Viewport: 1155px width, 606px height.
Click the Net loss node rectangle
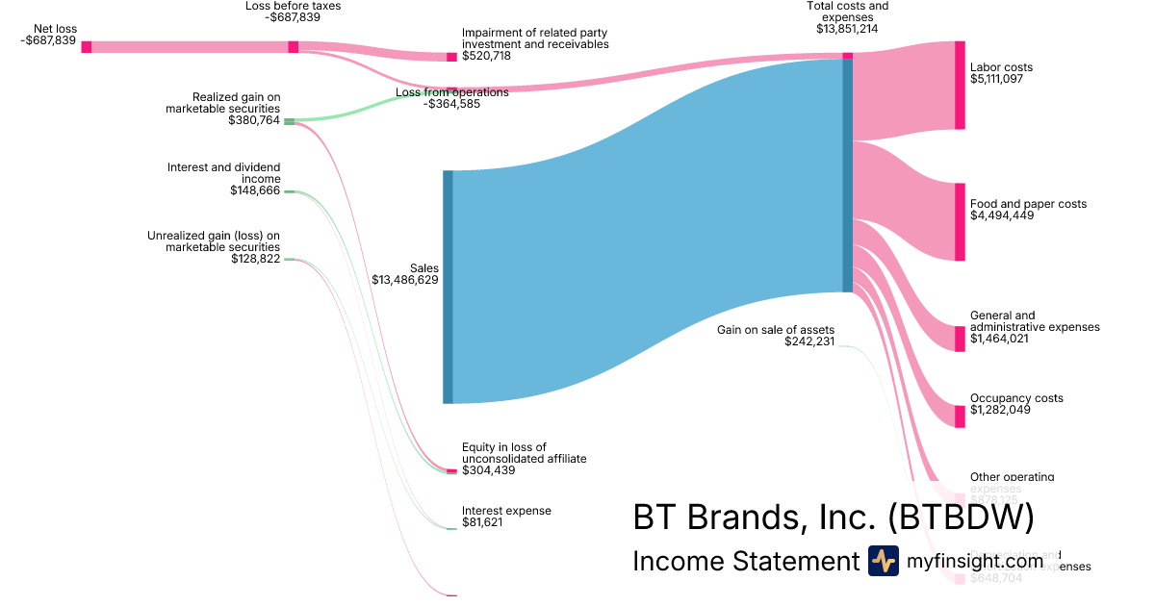[87, 47]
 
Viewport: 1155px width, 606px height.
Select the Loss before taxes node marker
[294, 47]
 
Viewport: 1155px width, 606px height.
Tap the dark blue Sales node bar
[448, 287]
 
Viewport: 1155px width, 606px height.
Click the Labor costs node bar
[960, 85]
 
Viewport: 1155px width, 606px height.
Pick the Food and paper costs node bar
[960, 221]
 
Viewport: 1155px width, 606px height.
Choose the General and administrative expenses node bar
[960, 339]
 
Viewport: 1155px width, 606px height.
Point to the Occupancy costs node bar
[960, 416]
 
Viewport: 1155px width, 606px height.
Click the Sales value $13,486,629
[405, 281]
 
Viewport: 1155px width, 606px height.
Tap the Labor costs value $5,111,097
[996, 79]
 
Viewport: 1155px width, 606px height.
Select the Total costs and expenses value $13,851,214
[846, 29]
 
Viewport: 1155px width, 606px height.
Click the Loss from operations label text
[451, 92]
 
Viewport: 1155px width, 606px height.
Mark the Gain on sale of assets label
[775, 330]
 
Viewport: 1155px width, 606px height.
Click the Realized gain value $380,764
[254, 120]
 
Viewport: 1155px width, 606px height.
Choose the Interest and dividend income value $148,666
[255, 190]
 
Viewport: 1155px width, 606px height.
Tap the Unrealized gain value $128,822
[255, 259]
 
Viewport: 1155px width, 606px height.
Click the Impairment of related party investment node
[451, 57]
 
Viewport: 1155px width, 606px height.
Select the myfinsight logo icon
[883, 561]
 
